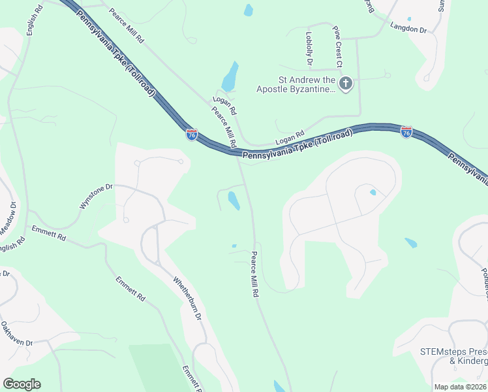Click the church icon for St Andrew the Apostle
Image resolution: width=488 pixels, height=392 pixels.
346,83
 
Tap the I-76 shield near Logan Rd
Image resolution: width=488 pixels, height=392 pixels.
192,135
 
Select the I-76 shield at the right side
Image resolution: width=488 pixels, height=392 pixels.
406,132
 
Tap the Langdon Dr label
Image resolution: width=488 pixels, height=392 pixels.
408,28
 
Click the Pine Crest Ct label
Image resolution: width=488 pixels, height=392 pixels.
337,47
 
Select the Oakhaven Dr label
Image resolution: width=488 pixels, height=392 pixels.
16,333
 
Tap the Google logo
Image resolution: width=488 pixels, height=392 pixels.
22,384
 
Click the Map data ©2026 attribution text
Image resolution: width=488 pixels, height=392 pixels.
460,387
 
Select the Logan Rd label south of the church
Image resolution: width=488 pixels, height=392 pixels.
290,138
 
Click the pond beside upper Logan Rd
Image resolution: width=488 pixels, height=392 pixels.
230,77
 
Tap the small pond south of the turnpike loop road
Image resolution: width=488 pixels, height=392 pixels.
234,200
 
